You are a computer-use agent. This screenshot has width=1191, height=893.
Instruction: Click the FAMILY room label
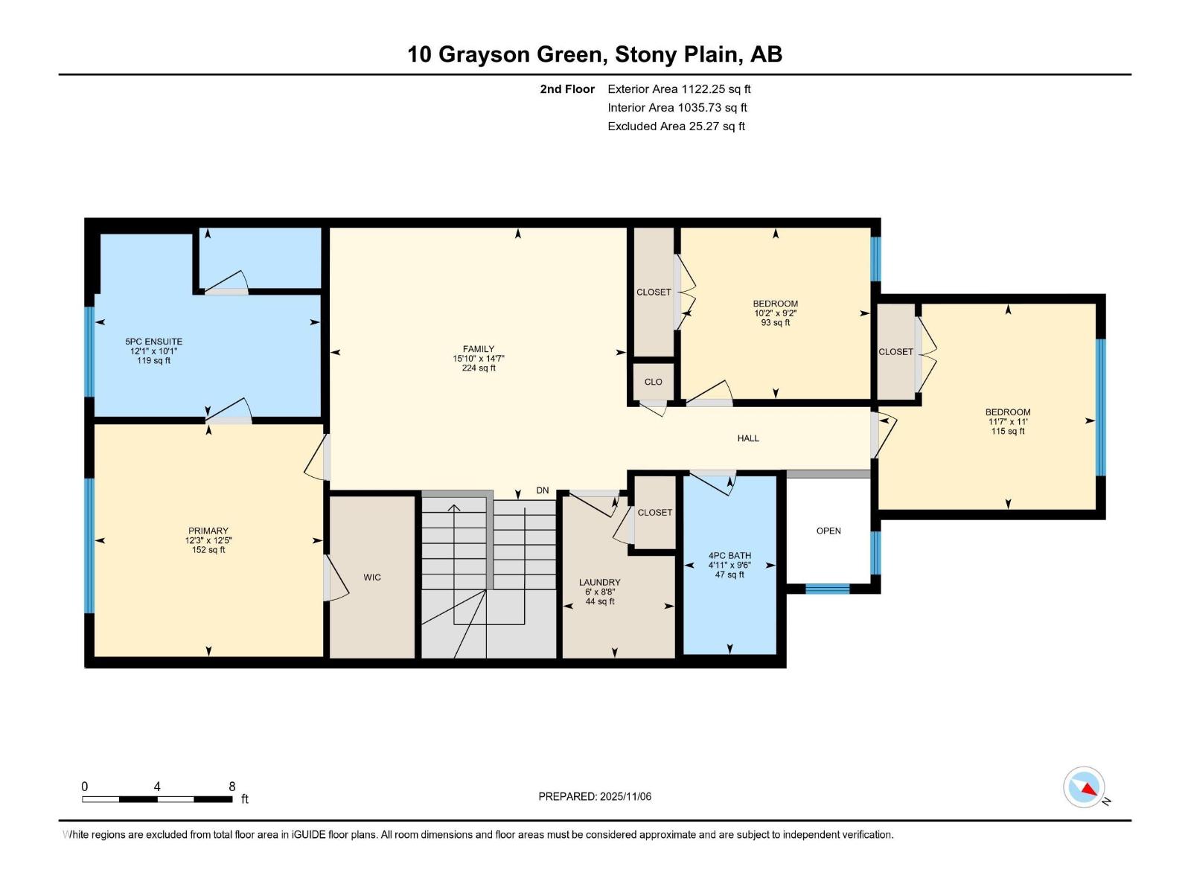pyautogui.click(x=478, y=348)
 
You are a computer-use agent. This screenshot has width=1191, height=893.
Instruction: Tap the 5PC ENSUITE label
pyautogui.click(x=153, y=342)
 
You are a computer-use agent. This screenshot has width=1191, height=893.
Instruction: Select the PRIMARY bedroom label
pyautogui.click(x=208, y=531)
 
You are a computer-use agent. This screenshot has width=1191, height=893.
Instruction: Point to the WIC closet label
pyautogui.click(x=372, y=577)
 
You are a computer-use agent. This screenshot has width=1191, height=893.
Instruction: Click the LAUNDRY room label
pyautogui.click(x=599, y=583)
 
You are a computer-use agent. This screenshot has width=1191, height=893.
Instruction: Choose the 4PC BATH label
pyautogui.click(x=729, y=556)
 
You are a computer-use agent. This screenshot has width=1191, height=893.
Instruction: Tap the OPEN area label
pyautogui.click(x=828, y=531)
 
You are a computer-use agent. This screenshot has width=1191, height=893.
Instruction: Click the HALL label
pyautogui.click(x=748, y=438)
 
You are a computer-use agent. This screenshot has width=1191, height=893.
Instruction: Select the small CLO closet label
pyautogui.click(x=653, y=382)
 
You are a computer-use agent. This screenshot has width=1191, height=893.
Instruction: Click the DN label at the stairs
pyautogui.click(x=543, y=490)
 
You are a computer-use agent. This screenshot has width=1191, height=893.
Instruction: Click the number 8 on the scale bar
pyautogui.click(x=232, y=787)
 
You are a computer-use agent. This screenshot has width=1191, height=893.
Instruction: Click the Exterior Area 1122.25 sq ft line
pyautogui.click(x=679, y=89)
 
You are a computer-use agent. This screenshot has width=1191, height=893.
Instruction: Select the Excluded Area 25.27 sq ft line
pyautogui.click(x=676, y=126)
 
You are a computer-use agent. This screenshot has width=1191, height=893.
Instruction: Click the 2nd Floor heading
pyautogui.click(x=567, y=89)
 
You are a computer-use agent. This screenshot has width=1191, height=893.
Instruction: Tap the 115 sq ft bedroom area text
pyautogui.click(x=1008, y=432)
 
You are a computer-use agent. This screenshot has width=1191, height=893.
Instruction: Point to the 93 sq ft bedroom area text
pyautogui.click(x=776, y=323)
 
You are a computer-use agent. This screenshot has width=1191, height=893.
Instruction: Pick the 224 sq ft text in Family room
pyautogui.click(x=478, y=368)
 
